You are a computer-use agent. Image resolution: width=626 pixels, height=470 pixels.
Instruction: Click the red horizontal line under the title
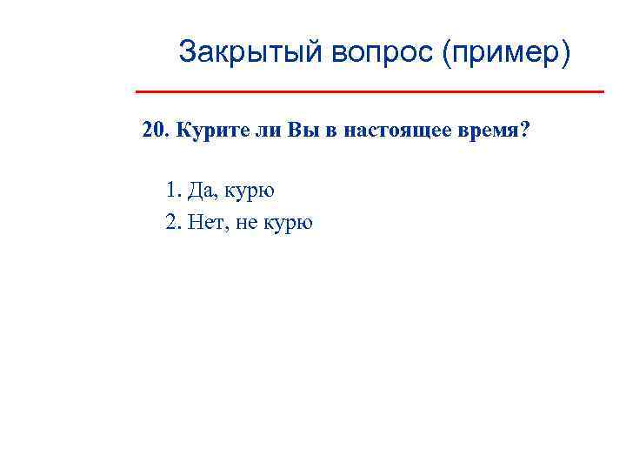(x=370, y=91)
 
